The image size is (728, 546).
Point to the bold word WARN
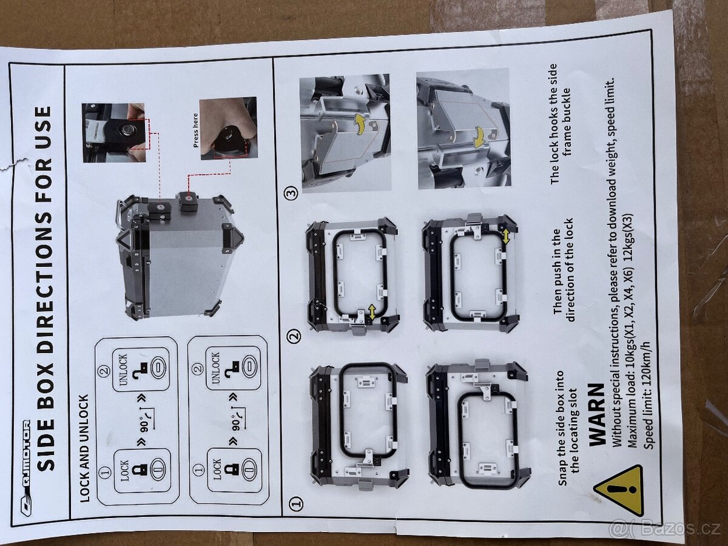pyautogui.click(x=597, y=414)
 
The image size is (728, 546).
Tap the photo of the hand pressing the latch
pyautogui.click(x=228, y=129)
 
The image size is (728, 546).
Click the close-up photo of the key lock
pyautogui.click(x=113, y=133)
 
